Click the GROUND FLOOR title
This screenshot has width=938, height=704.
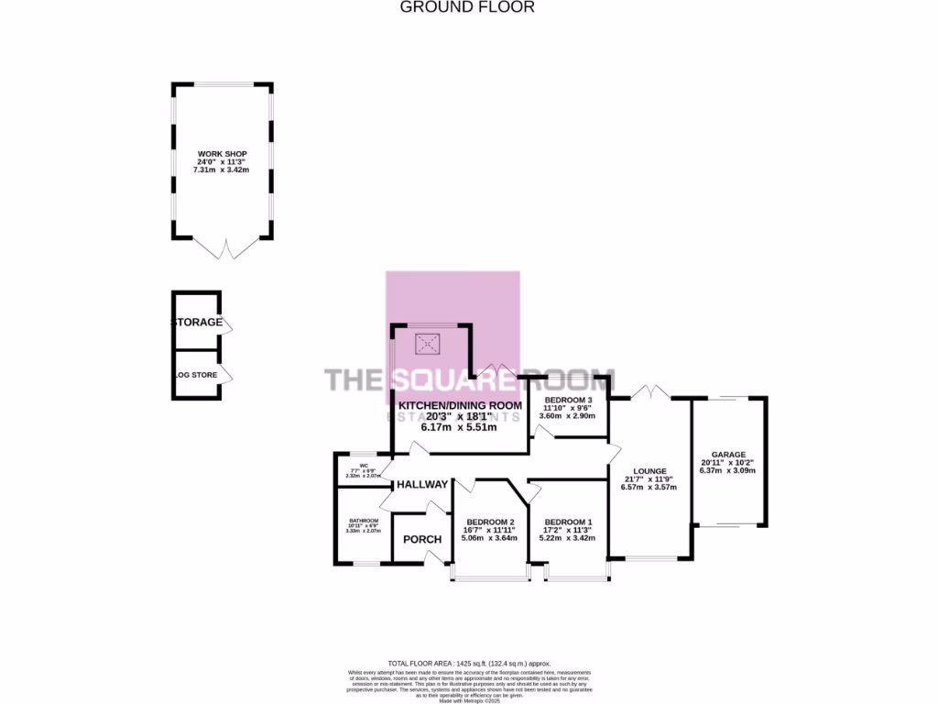pyautogui.click(x=467, y=7)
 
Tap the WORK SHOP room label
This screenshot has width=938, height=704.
pyautogui.click(x=223, y=154)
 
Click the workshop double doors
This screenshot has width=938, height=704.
pyautogui.click(x=223, y=248)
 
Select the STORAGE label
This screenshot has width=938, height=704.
pyautogui.click(x=197, y=323)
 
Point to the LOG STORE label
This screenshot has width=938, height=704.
pyautogui.click(x=197, y=375)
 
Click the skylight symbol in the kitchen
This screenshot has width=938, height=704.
pyautogui.click(x=428, y=345)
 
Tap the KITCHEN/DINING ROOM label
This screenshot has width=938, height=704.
pyautogui.click(x=460, y=405)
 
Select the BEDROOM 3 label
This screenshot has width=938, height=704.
pyautogui.click(x=569, y=401)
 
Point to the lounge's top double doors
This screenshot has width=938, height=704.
pyautogui.click(x=649, y=391)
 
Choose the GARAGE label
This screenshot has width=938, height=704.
pyautogui.click(x=729, y=455)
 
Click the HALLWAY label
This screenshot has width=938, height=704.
pyautogui.click(x=422, y=485)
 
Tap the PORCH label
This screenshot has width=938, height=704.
pyautogui.click(x=422, y=539)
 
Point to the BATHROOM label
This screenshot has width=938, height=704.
pyautogui.click(x=363, y=521)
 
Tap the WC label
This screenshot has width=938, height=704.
pyautogui.click(x=364, y=465)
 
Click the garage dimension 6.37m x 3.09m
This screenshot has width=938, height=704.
pyautogui.click(x=729, y=471)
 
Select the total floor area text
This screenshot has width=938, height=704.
pyautogui.click(x=469, y=663)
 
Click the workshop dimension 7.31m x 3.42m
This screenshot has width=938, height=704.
pyautogui.click(x=223, y=170)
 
